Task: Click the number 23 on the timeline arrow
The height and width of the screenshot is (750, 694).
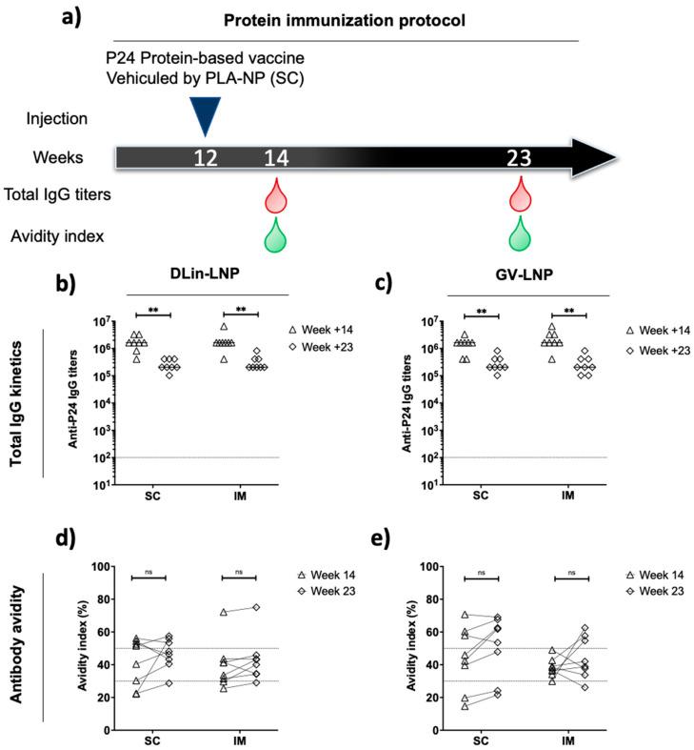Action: point(519,157)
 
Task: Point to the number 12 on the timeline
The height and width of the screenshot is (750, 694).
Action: point(207,157)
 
